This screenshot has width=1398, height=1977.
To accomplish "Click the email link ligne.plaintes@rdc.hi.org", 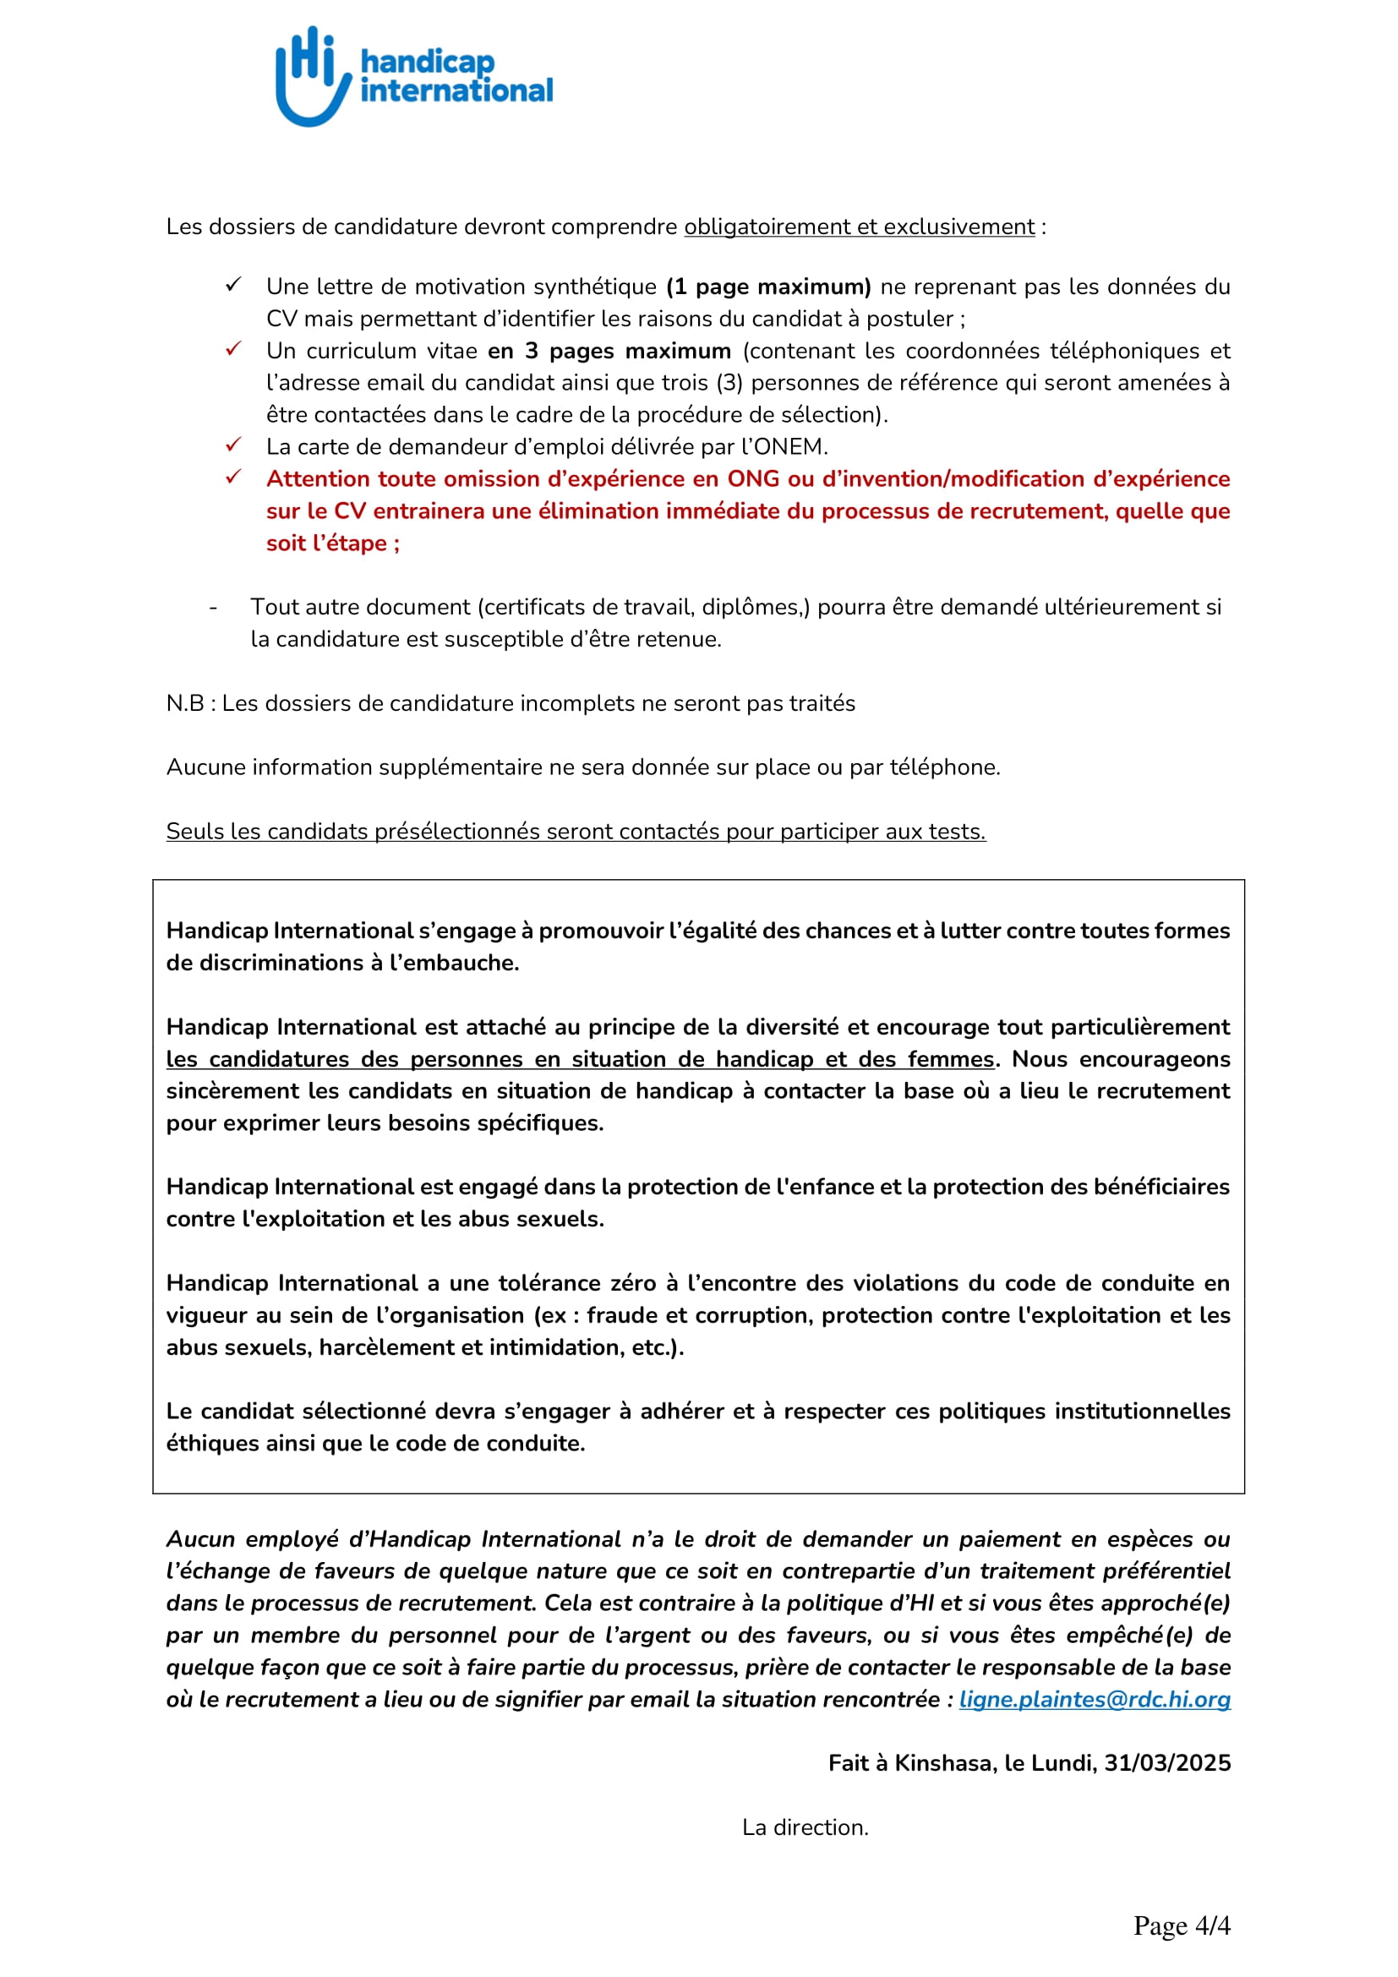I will [x=1094, y=1699].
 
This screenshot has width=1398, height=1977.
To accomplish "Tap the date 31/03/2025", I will [x=1167, y=1762].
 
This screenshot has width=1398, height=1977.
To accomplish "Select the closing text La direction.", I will [x=805, y=1827].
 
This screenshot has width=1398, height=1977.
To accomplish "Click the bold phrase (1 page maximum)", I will [x=767, y=287].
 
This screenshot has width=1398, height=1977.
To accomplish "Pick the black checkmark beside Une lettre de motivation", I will [x=233, y=285].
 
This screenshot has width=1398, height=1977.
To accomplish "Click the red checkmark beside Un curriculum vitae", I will [x=233, y=350].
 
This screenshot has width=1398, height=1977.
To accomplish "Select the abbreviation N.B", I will [x=184, y=703].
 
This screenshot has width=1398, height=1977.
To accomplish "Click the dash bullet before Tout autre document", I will [x=213, y=608].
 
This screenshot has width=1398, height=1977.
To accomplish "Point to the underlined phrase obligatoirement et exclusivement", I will [x=858, y=227].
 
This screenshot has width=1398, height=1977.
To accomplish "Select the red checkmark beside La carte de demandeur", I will [x=233, y=446].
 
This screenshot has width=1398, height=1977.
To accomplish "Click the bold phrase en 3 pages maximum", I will [x=609, y=352].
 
